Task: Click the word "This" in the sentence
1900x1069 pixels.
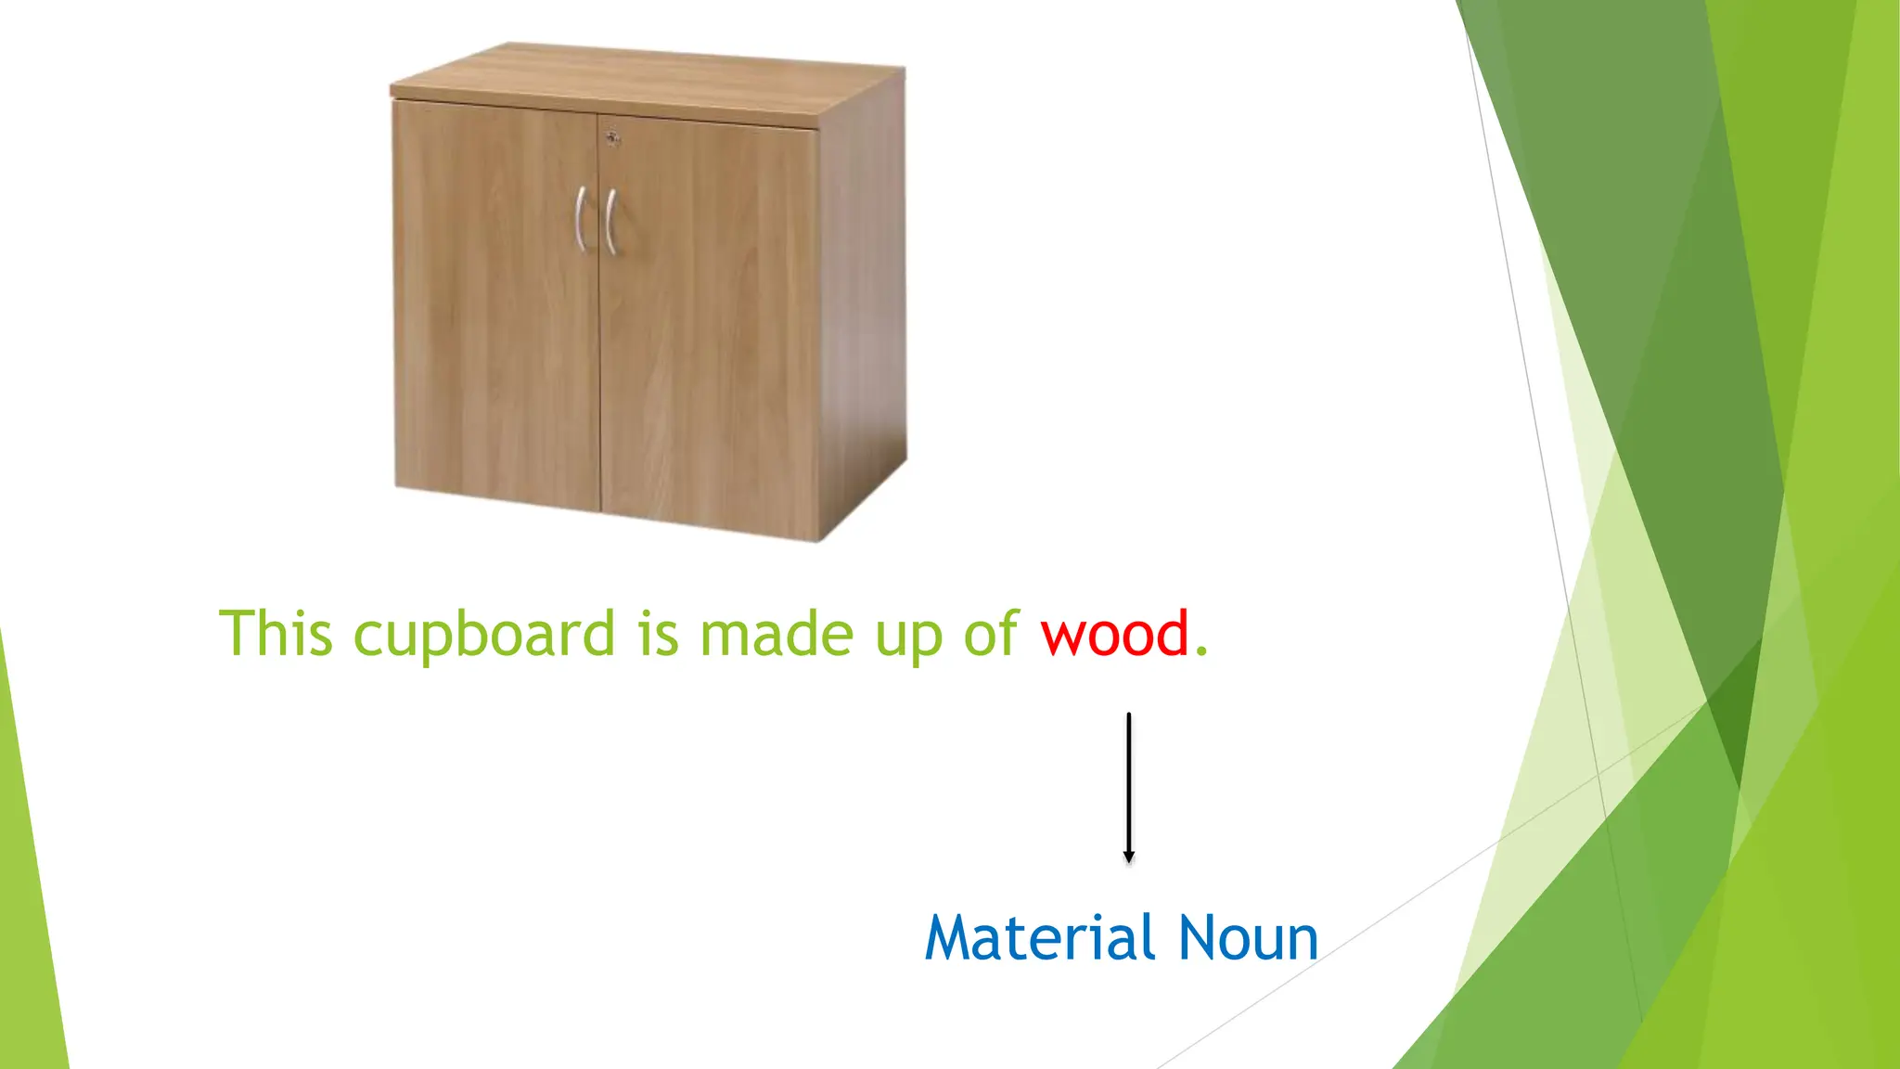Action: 276,635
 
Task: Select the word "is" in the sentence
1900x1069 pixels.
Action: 658,635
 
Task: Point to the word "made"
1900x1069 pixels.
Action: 777,635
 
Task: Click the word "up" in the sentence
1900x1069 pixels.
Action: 908,640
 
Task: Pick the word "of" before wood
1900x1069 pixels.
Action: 992,635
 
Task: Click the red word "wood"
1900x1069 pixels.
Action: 1114,635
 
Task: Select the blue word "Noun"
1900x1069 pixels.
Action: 1248,938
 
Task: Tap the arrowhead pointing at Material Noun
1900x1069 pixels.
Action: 1128,856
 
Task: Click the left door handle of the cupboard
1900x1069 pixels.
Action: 581,218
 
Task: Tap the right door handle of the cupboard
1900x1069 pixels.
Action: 610,222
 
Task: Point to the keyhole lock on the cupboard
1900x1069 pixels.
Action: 611,138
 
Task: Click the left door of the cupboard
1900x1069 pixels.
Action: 496,353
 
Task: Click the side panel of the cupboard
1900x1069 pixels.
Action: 863,306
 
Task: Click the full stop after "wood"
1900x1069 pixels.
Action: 1201,652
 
